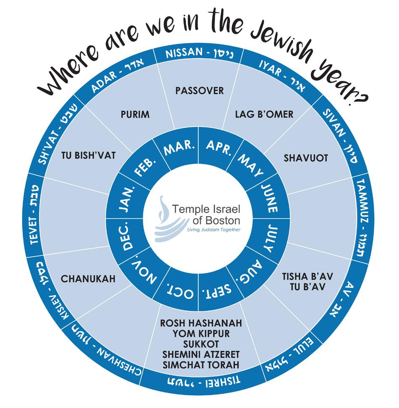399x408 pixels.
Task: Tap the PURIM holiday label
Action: [135, 114]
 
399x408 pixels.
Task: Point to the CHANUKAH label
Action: [88, 278]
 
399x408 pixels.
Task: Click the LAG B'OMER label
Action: [264, 114]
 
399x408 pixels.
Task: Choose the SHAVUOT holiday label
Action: [306, 158]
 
